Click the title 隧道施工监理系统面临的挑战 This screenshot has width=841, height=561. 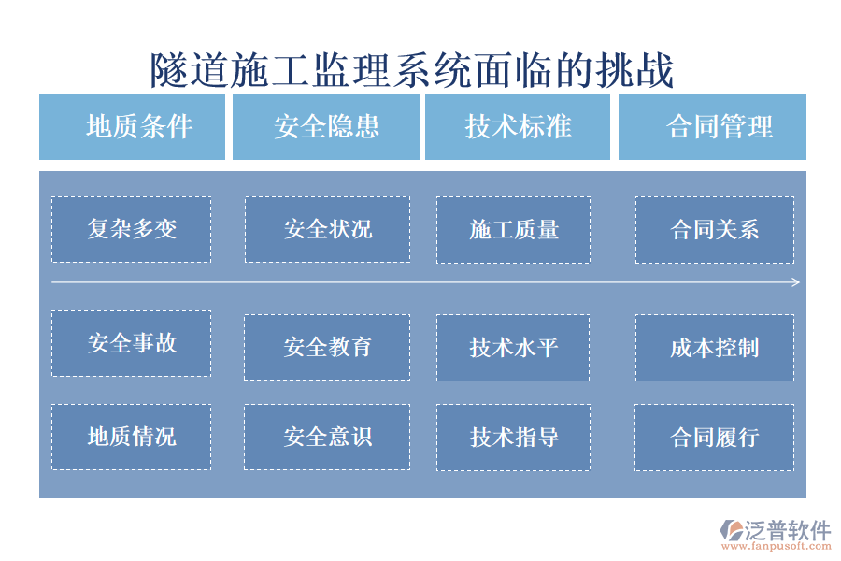click(412, 70)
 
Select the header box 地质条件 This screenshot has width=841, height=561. click(132, 126)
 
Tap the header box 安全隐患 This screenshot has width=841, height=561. click(326, 126)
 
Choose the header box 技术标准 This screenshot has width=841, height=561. click(518, 126)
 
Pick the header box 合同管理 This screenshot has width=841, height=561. click(712, 126)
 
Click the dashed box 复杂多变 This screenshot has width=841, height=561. click(131, 229)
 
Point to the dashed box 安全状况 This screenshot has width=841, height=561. click(327, 229)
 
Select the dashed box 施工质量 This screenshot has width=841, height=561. click(513, 229)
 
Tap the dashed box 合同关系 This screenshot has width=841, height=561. click(715, 229)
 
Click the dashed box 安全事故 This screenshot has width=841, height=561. click(131, 343)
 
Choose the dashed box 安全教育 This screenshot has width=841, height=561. click(327, 347)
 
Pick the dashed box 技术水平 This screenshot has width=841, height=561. click(513, 347)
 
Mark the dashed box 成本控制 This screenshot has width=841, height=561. click(715, 347)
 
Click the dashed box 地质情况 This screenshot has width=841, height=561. click(131, 437)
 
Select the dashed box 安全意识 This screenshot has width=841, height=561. click(327, 437)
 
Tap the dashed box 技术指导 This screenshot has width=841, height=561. click(513, 437)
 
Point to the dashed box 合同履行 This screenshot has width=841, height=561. click(715, 437)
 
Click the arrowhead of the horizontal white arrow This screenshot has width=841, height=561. click(795, 282)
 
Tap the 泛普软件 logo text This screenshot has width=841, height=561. click(788, 530)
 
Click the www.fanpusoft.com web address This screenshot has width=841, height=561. click(780, 547)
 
